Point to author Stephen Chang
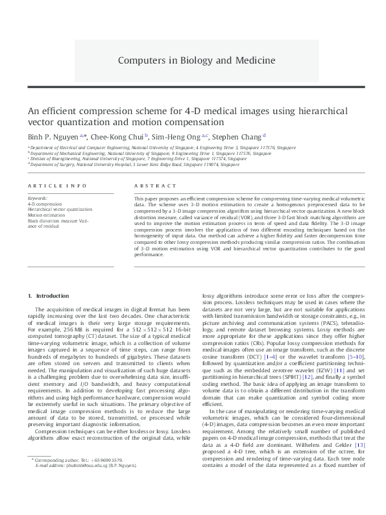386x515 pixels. pyautogui.click(x=236, y=136)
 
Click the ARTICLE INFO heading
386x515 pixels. pyautogui.click(x=57, y=186)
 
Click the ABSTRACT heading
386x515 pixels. pyautogui.click(x=151, y=186)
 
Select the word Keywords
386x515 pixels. pyautogui.click(x=37, y=197)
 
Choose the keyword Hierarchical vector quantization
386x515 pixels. pyautogui.click(x=60, y=210)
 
